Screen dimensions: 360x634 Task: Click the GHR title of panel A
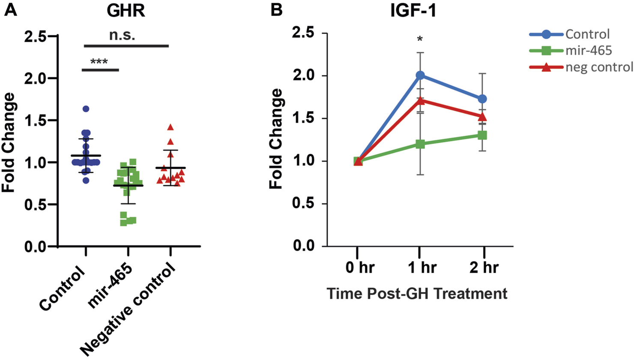126,11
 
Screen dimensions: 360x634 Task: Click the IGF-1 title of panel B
413,11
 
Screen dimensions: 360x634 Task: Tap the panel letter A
10,10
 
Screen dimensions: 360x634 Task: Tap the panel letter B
276,10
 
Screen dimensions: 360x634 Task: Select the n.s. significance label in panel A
122,35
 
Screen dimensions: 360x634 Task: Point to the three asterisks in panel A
99,62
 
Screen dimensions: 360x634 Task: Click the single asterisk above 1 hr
420,40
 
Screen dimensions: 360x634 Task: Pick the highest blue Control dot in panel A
86,109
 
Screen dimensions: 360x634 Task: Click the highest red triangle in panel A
170,127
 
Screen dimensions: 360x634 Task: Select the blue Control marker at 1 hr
420,75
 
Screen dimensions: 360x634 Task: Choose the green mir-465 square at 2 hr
482,135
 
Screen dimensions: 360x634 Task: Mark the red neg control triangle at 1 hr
420,101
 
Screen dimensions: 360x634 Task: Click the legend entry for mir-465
589,51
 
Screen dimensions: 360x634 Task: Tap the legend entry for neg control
599,67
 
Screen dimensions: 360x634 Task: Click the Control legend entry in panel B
587,34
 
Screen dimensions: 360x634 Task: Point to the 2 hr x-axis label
484,268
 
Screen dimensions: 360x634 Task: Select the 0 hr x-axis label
360,268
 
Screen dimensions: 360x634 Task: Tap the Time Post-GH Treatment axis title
417,294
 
